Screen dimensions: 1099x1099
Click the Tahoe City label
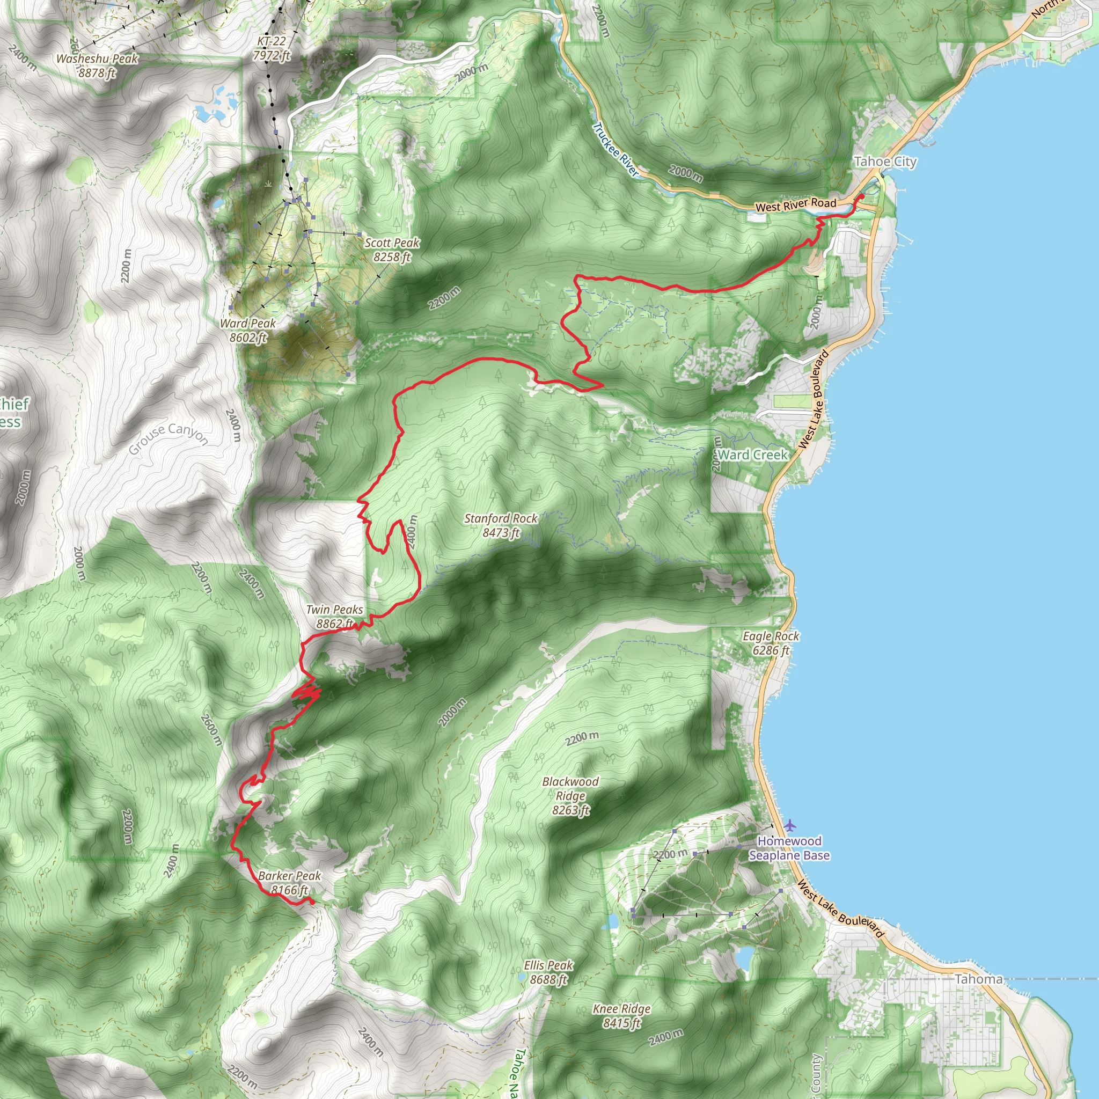(885, 162)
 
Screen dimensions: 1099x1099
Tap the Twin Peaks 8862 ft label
(334, 617)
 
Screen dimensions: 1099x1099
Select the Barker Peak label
(290, 883)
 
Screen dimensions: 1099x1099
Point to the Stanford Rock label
(501, 525)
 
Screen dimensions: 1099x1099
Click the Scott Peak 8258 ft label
(392, 250)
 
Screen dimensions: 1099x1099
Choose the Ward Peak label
(248, 330)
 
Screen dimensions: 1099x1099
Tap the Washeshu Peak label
(97, 65)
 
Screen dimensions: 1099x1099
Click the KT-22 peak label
(272, 48)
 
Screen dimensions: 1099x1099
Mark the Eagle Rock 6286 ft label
(771, 643)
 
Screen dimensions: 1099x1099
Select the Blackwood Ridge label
(570, 795)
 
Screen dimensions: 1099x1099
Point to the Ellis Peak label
(548, 972)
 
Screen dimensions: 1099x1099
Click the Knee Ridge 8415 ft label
(622, 1016)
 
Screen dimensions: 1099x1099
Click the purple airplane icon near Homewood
(790, 825)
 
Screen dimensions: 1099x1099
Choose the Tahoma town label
(978, 979)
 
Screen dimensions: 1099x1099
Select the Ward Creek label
(752, 455)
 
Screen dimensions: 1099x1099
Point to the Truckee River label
(616, 149)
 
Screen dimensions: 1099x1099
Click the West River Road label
(795, 205)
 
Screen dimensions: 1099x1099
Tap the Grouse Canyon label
(168, 437)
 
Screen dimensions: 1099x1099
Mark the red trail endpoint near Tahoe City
(861, 196)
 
